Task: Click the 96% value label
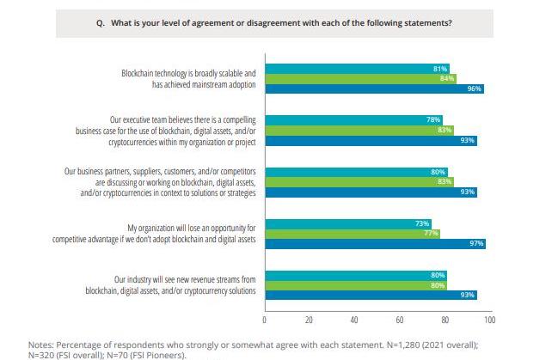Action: point(474,88)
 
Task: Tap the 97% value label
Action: point(476,243)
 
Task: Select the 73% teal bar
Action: point(348,224)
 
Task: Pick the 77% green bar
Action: point(353,234)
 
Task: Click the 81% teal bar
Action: point(358,69)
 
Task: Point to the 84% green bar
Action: point(361,79)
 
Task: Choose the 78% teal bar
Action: point(354,120)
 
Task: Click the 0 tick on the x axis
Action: point(265,320)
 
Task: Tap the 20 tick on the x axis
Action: point(309,320)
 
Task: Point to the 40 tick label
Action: point(354,320)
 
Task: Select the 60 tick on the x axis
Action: point(400,320)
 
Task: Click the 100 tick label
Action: point(490,320)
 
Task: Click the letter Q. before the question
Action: point(101,23)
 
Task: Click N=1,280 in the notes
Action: point(403,345)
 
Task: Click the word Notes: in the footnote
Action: point(41,345)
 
